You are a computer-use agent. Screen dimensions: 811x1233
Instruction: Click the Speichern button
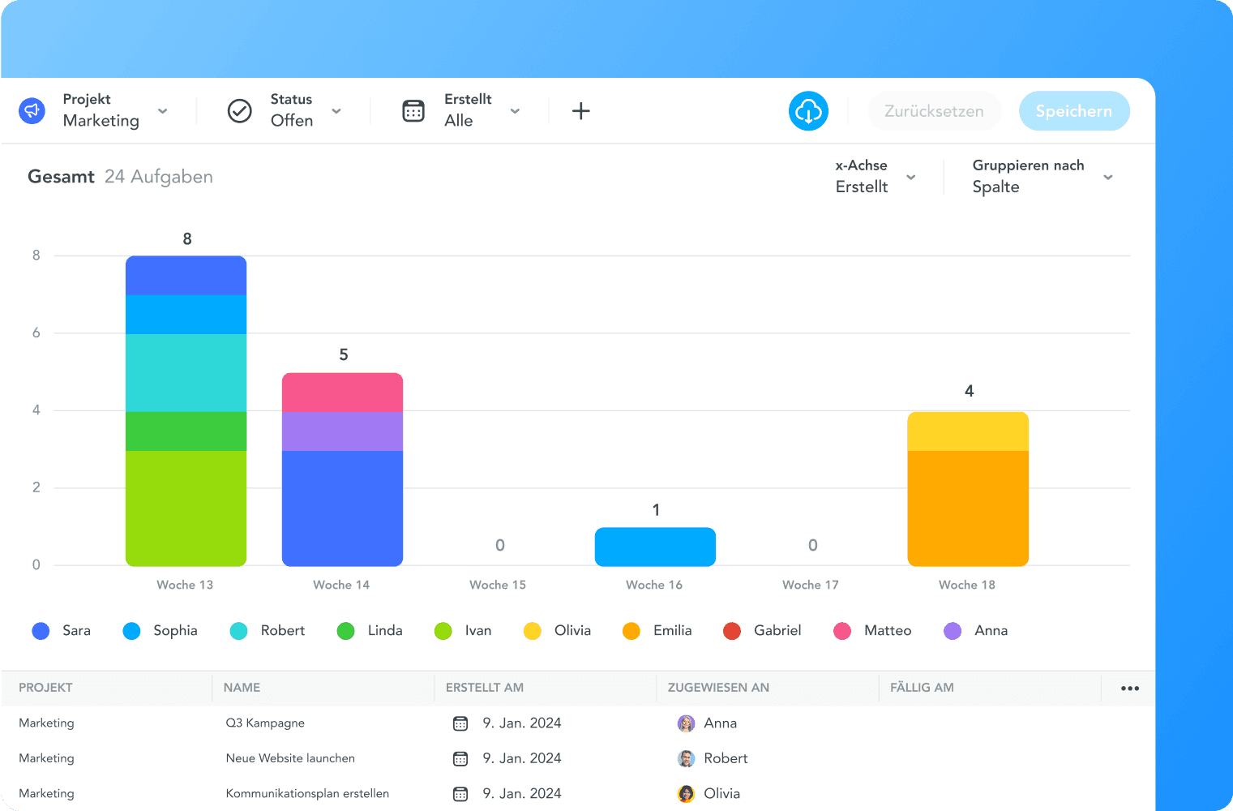tap(1073, 111)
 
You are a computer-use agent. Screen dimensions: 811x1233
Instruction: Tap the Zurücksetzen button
tap(934, 111)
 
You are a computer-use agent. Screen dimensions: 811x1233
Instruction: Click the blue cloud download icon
tap(808, 111)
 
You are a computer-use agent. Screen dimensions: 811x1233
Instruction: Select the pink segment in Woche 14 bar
tap(342, 393)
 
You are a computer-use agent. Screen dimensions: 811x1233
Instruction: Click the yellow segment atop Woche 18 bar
tap(968, 431)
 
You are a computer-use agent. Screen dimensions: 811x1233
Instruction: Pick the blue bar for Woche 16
tap(655, 547)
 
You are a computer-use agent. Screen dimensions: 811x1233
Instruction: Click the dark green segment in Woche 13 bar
tap(186, 431)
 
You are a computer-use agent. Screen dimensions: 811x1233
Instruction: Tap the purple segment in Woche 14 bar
tap(342, 431)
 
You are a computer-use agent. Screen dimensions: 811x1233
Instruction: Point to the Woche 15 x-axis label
tap(498, 585)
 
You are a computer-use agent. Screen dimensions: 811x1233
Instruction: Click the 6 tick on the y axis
tap(36, 333)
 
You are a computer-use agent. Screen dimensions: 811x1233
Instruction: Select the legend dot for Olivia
tap(533, 631)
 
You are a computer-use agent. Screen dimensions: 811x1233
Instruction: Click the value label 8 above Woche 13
tap(187, 239)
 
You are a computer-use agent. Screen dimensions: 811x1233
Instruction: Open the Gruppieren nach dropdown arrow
tap(1108, 177)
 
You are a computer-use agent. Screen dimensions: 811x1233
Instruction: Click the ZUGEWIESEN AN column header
tap(718, 688)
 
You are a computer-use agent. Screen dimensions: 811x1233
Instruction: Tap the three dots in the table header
tap(1130, 689)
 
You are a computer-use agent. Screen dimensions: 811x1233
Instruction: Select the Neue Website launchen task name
tap(290, 758)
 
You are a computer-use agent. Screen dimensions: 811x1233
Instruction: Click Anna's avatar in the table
tap(686, 723)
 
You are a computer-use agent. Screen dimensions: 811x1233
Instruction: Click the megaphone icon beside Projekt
tap(32, 110)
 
